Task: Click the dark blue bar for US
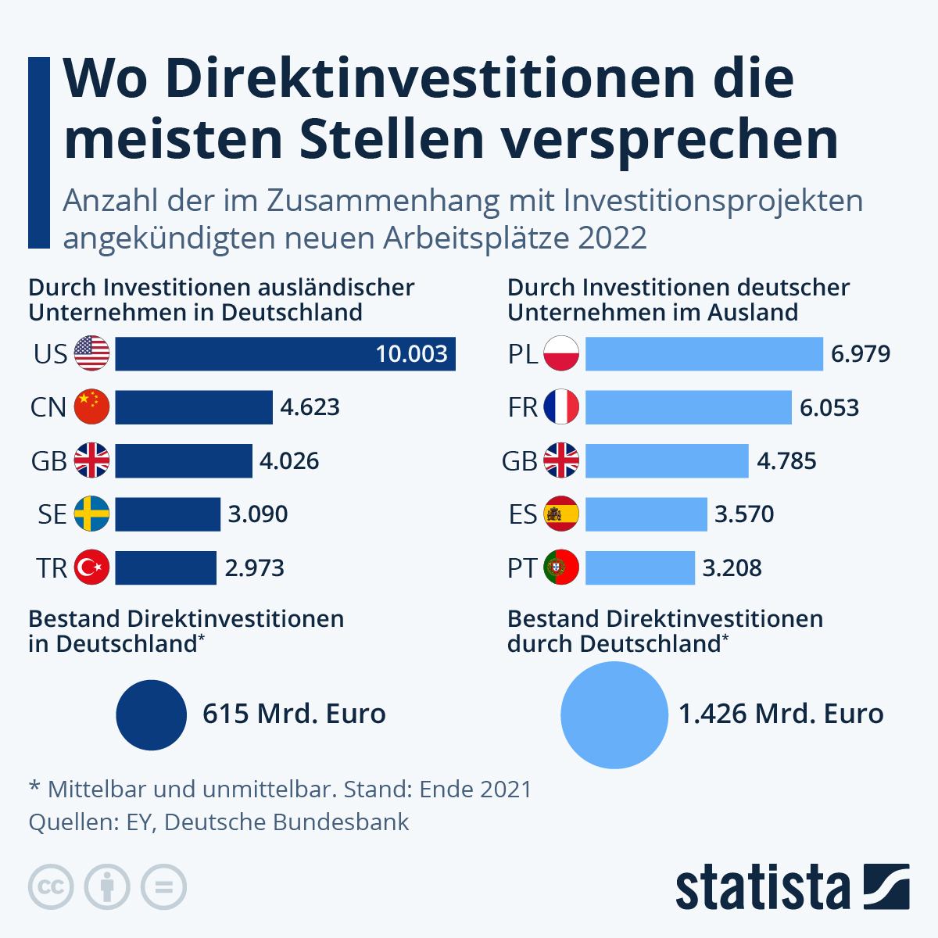click(285, 354)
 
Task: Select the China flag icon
click(92, 407)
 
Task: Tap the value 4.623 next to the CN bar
click(310, 407)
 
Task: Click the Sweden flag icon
click(92, 514)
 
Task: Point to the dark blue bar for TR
click(166, 567)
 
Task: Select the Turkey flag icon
click(92, 567)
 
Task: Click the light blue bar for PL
click(703, 354)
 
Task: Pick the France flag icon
click(560, 407)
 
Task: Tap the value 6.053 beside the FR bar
click(829, 407)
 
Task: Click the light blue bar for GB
click(666, 461)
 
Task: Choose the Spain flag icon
click(560, 514)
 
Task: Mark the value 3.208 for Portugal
click(732, 567)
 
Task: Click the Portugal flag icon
click(560, 567)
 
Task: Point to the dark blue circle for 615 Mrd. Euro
click(151, 715)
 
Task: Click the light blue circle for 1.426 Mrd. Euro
click(614, 715)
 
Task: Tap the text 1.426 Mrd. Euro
click(780, 714)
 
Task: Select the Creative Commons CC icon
click(51, 887)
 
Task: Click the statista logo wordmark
click(762, 887)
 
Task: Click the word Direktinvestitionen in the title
click(429, 78)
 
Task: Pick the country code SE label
click(52, 514)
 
